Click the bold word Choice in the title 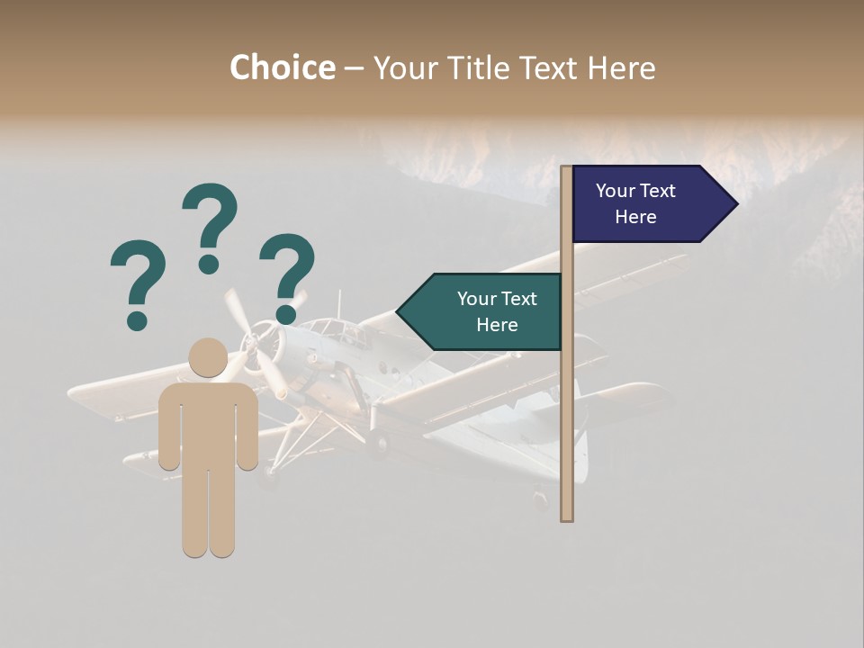click(x=282, y=68)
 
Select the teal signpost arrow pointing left click(x=481, y=311)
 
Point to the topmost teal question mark click(x=210, y=225)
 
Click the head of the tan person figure click(x=208, y=357)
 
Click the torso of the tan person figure click(x=208, y=423)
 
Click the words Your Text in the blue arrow click(x=635, y=191)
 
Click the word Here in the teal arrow click(x=497, y=325)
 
